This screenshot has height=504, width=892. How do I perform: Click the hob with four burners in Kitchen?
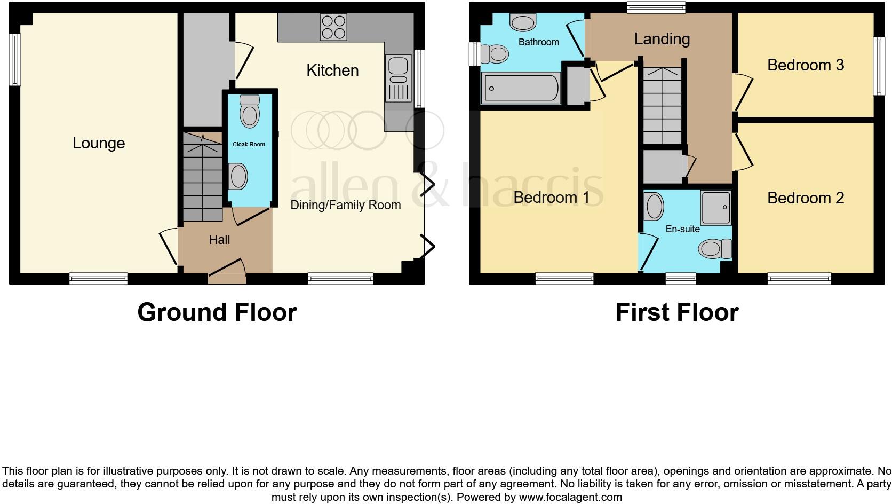tap(333, 27)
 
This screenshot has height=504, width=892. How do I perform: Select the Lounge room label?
tap(99, 143)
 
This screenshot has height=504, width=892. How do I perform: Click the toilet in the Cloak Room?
tap(249, 112)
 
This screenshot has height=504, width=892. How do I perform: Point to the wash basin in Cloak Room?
tap(238, 176)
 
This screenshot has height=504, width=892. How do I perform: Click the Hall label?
tap(219, 240)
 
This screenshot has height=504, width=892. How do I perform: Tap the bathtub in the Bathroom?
tap(520, 89)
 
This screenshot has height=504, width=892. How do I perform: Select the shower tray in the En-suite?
tap(715, 207)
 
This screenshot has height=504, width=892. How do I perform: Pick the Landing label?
tap(662, 39)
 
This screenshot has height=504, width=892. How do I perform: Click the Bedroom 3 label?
tap(805, 65)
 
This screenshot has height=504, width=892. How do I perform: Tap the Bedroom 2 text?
tap(805, 198)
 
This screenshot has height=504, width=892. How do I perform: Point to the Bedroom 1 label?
tap(551, 198)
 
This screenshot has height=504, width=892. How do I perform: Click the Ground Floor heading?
tap(217, 312)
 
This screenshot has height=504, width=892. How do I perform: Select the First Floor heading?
tap(676, 312)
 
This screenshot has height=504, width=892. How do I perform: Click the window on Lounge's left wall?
tap(15, 60)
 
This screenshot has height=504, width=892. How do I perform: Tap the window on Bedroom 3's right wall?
tap(878, 66)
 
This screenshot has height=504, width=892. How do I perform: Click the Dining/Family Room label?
tap(345, 205)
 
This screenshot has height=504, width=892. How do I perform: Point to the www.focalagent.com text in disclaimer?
tap(570, 497)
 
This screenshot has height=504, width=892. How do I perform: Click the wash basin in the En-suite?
tap(654, 207)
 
